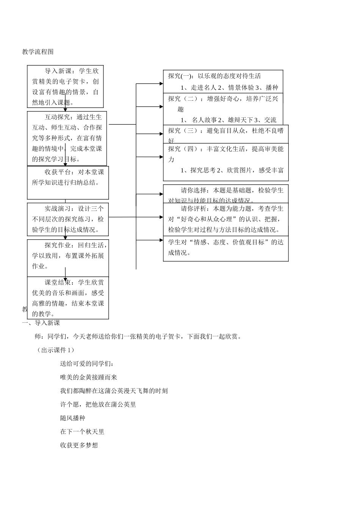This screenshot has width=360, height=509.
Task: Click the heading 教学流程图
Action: [38, 52]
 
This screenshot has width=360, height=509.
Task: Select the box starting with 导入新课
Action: [65, 86]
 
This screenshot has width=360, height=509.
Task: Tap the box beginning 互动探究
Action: [67, 138]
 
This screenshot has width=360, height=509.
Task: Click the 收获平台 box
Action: [68, 182]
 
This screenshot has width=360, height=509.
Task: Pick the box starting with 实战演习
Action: [68, 219]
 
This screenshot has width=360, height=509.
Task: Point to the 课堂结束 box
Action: [68, 298]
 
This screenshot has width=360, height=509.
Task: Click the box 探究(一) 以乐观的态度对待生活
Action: [223, 81]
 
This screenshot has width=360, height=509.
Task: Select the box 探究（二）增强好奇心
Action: [223, 109]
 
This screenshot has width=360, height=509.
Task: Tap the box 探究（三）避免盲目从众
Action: [226, 134]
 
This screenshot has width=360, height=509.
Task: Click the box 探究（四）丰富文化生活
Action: [226, 162]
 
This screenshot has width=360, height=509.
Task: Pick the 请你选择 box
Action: [226, 194]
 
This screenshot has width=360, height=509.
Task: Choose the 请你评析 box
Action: [226, 219]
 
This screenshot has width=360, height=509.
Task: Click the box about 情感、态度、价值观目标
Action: [226, 248]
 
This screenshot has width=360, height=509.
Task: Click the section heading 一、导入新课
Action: [41, 323]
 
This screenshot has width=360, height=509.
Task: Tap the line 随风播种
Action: [73, 418]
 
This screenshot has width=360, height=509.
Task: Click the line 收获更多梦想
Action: [79, 445]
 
